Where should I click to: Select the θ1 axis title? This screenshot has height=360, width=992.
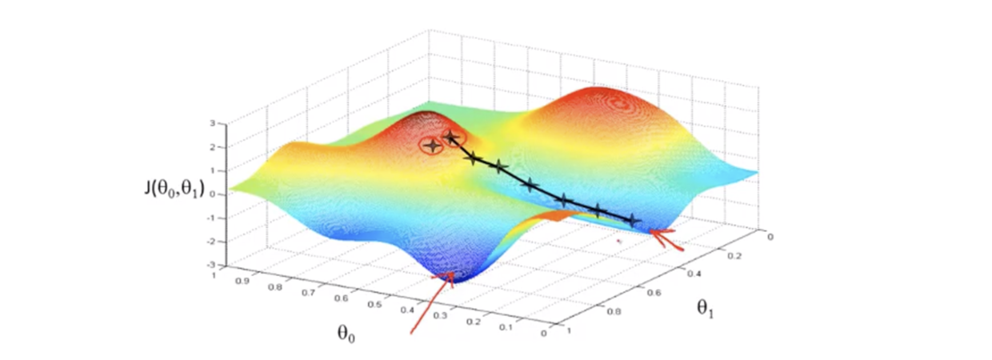[705, 308]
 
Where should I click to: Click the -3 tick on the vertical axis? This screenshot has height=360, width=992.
[210, 264]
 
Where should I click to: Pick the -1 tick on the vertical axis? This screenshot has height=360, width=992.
[210, 218]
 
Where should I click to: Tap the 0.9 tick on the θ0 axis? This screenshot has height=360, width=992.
[237, 284]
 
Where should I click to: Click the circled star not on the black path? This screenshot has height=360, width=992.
[433, 146]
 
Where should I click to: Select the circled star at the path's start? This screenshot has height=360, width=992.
[452, 138]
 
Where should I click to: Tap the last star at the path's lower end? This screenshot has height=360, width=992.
[633, 219]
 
